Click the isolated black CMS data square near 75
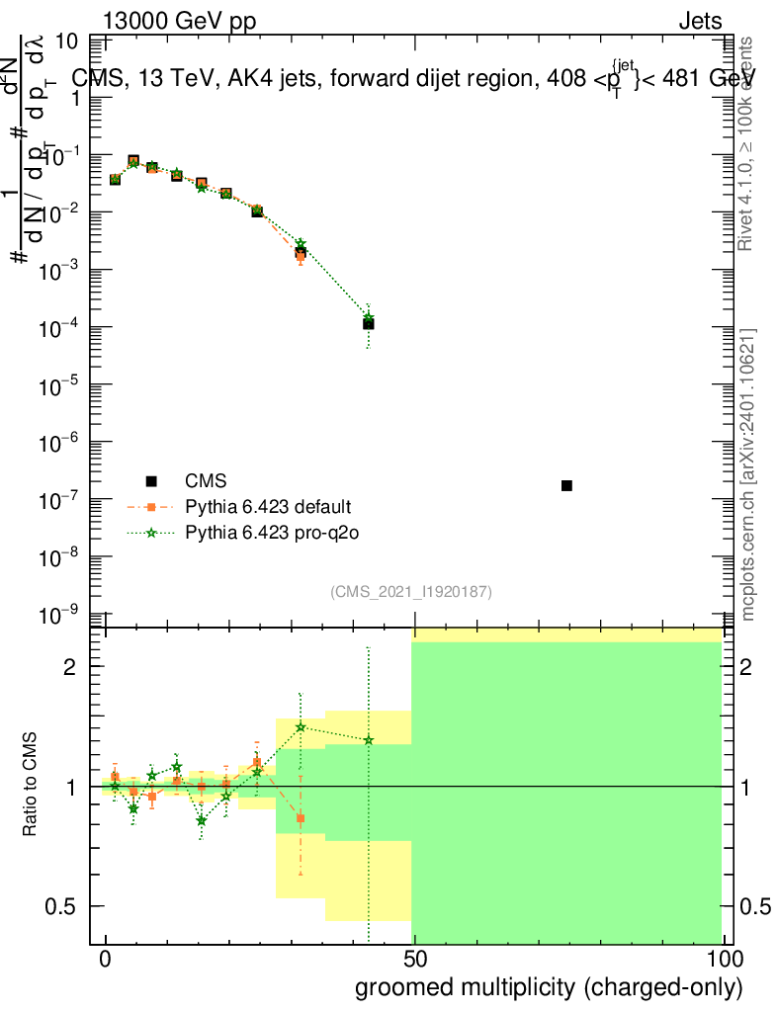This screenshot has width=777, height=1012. pos(566,485)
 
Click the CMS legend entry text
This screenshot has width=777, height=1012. pos(207,481)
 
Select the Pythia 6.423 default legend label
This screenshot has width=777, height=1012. pos(268,507)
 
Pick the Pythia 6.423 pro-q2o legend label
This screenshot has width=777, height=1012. pos(268,533)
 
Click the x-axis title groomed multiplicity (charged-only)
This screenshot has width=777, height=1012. pos(549,987)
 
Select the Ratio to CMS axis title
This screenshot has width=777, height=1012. pos(33,786)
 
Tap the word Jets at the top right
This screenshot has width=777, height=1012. pos(700,22)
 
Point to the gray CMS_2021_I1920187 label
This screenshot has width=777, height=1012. pos(411,591)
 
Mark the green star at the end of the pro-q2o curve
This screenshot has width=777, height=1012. pos(368,318)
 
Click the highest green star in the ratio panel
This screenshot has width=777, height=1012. pos(300,727)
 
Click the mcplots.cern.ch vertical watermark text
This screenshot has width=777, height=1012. pos(748,474)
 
